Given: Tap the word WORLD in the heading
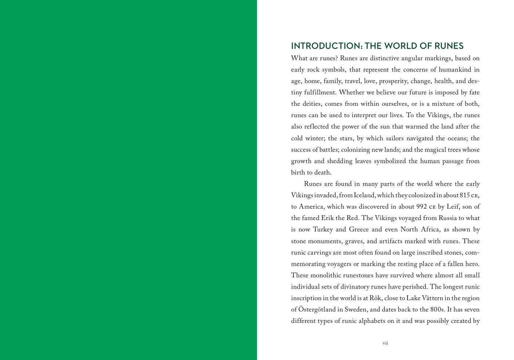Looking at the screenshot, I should click(407, 46).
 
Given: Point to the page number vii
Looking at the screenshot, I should click(385, 343).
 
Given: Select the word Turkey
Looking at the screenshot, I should click(323, 230).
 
